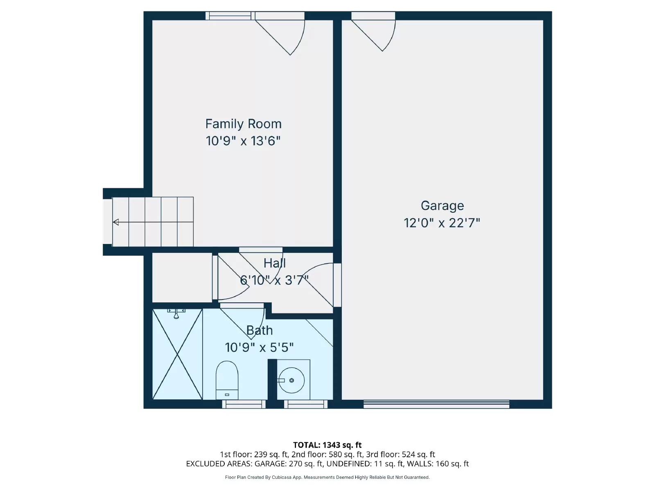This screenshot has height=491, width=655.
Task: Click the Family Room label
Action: coord(243,124)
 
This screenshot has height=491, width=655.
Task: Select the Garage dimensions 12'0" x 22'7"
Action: coord(442,223)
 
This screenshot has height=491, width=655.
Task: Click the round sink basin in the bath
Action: coord(292,380)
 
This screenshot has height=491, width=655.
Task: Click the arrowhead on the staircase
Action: coord(116,222)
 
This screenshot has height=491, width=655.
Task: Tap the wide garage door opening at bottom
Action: coord(436,404)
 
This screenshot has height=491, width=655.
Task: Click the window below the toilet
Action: coord(244,404)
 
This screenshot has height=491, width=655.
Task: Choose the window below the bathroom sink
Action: coord(306,404)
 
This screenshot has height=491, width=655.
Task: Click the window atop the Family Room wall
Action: coord(228,16)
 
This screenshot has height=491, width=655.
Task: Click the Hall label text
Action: coord(274,263)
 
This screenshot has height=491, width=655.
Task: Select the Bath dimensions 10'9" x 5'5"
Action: coord(259,347)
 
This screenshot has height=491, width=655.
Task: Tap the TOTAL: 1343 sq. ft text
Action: coord(327,445)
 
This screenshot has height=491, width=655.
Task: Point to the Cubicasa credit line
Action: coord(327,477)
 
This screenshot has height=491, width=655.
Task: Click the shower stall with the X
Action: coord(177,354)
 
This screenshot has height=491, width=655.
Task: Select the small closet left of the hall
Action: coord(182,277)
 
